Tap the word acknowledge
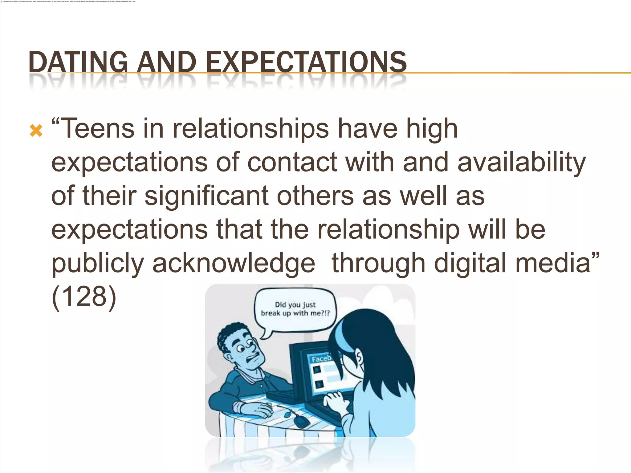tap(234, 263)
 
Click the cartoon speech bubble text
tap(295, 309)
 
